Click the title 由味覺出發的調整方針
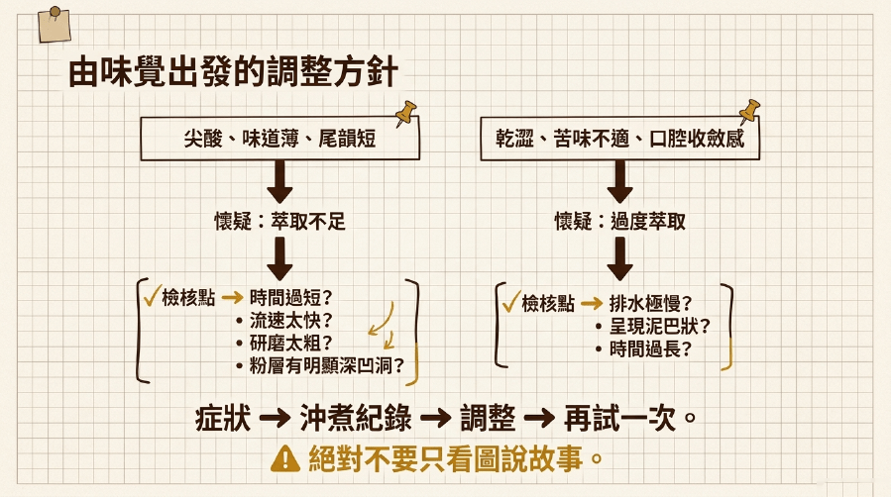tap(233, 71)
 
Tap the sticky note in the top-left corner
tap(54, 25)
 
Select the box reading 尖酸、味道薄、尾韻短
tap(279, 139)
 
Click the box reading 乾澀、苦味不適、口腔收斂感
tap(619, 139)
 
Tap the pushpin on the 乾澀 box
tap(749, 111)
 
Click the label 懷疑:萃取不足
tap(279, 221)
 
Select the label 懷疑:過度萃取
tap(620, 221)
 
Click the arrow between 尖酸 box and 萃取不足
tap(279, 181)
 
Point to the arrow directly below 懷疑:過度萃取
tap(620, 258)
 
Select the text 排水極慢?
tap(650, 304)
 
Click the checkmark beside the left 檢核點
tap(152, 295)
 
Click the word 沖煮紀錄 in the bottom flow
tap(356, 419)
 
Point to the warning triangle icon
tap(285, 458)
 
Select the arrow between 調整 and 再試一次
tap(539, 419)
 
